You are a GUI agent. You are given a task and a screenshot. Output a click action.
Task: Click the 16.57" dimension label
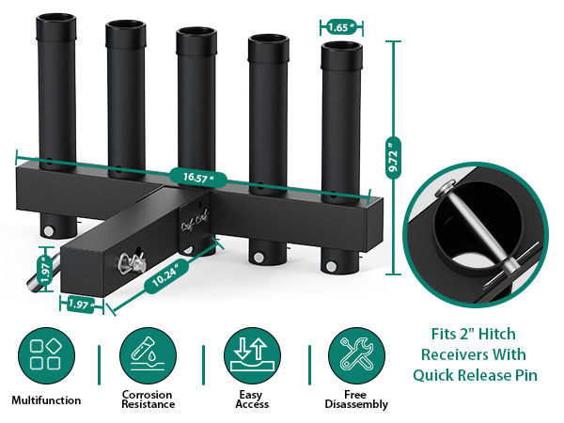coord(198,178)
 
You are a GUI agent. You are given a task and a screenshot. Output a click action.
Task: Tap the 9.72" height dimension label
coord(393,158)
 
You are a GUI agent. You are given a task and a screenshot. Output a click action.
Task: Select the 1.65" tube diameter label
coord(341,27)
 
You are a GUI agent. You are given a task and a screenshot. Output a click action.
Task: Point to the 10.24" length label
coord(165,275)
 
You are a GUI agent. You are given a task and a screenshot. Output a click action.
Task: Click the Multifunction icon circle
coord(46,355)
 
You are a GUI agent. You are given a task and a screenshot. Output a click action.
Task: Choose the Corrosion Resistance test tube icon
coord(148,355)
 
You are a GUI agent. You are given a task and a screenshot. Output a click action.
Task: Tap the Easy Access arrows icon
coord(252,355)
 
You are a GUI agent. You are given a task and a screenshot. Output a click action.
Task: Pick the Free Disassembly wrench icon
coord(356,355)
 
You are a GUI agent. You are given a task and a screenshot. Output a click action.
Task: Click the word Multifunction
coord(46,400)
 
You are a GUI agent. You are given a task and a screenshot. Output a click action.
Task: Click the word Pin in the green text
coord(525,375)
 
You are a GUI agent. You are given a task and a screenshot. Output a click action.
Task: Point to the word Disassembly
coord(356,404)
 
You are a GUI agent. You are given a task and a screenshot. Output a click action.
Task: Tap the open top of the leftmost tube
coord(55,18)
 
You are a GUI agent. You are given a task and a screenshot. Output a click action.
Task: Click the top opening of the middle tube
coord(196,31)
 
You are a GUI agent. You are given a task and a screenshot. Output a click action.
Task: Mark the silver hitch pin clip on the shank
coord(132,263)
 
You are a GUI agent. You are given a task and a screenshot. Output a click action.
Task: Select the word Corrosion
coord(148,395)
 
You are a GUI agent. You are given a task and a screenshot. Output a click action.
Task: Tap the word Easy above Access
coord(251,395)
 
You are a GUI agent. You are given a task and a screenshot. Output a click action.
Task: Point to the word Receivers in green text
coord(474,354)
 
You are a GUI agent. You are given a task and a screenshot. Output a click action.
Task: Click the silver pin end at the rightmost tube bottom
coord(331,267)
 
